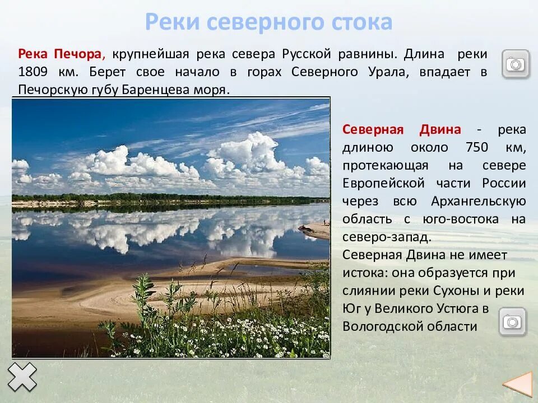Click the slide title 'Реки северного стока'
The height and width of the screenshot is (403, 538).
click(268, 22)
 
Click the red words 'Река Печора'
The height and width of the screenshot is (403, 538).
click(61, 54)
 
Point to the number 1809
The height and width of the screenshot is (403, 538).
click(35, 72)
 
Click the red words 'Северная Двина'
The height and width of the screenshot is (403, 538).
click(402, 130)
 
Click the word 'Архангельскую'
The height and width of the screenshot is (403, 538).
click(478, 201)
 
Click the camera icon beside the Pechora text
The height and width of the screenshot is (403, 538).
click(515, 64)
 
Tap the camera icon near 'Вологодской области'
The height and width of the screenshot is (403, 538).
click(513, 321)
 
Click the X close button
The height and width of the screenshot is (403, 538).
click(22, 377)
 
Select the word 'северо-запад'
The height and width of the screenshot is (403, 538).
click(386, 237)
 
